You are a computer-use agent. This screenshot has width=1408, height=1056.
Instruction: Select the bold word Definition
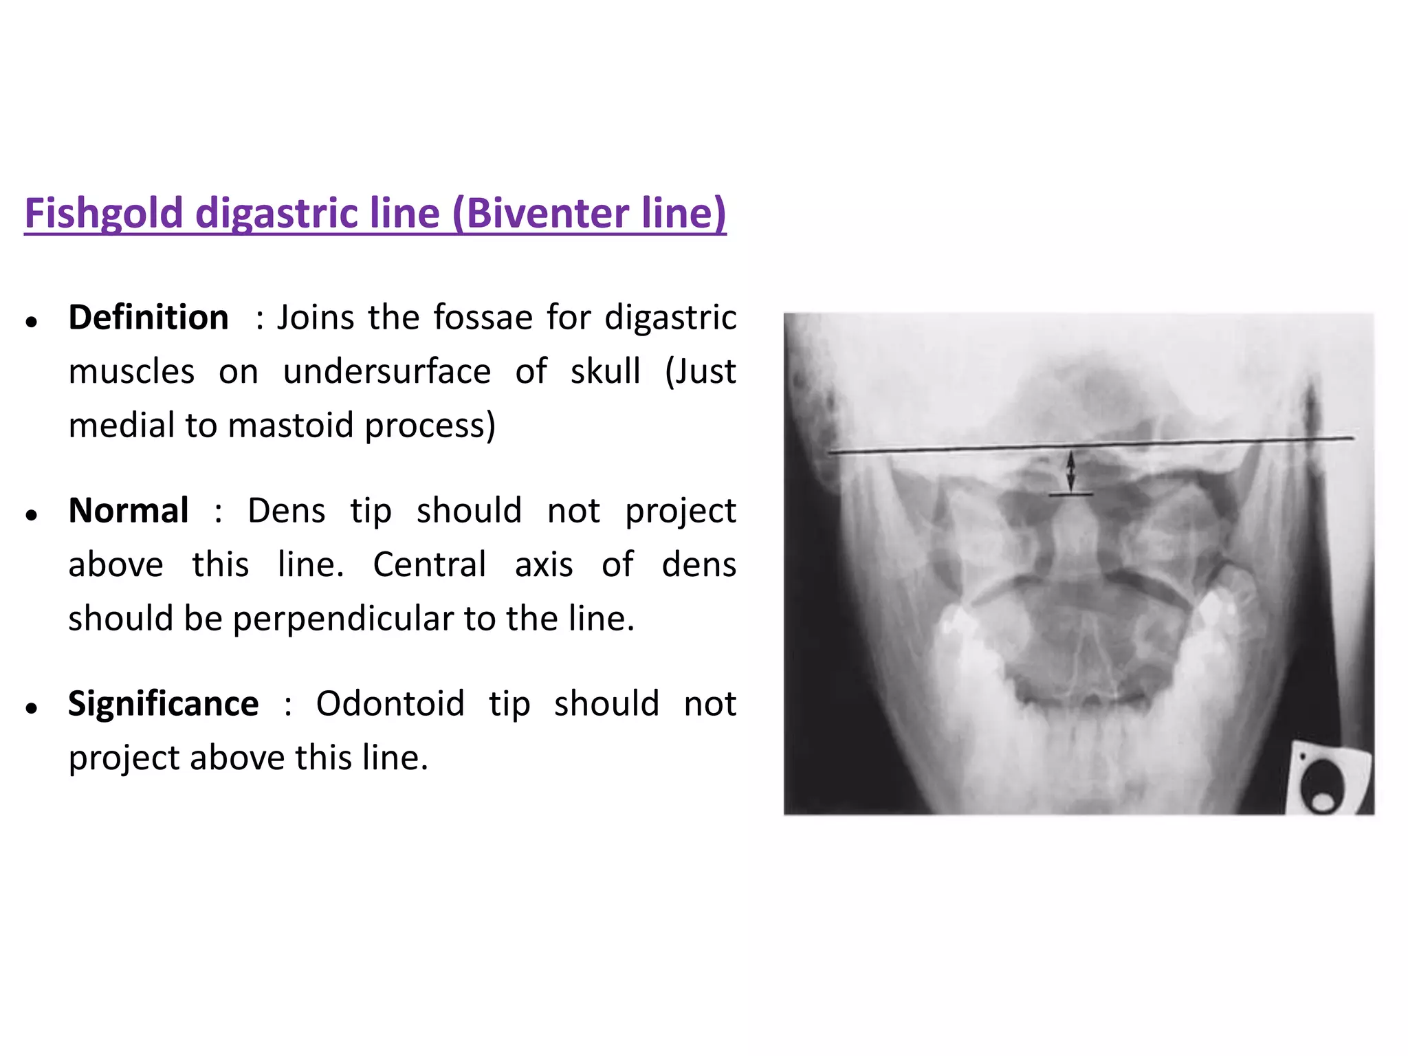[148, 318]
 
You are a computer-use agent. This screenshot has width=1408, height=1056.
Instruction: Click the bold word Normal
[129, 511]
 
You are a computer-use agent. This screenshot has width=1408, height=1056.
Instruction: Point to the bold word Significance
[164, 704]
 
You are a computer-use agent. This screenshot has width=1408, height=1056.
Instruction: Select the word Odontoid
[390, 704]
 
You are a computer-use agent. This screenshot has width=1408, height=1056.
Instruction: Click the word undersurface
[387, 372]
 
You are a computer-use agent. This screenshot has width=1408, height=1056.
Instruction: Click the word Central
[430, 565]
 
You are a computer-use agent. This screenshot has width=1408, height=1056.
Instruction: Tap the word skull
[605, 372]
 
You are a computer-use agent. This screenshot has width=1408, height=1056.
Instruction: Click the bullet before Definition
[31, 321]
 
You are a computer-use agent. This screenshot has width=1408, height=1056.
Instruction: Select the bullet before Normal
[31, 514]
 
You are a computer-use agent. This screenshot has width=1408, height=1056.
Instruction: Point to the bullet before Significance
[31, 707]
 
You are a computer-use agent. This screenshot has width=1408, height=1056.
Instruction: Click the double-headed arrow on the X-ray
[1070, 471]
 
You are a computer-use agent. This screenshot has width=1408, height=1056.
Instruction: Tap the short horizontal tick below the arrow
[1070, 494]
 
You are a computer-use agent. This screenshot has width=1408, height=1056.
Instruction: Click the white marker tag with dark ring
[1328, 780]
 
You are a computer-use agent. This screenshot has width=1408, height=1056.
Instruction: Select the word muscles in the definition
[132, 372]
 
